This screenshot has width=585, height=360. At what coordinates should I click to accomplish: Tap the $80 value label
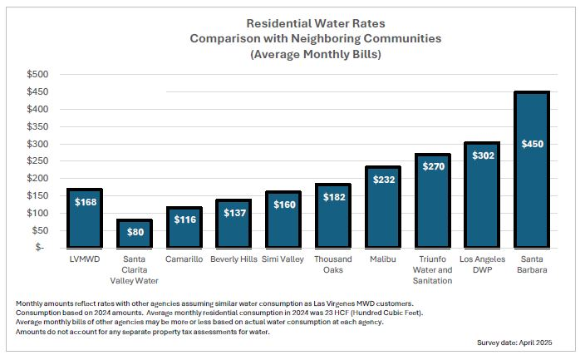[133, 232]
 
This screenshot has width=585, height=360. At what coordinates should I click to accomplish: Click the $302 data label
[481, 155]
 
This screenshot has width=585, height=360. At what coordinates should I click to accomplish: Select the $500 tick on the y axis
[36, 75]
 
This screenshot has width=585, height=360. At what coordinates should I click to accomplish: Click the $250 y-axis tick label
[36, 161]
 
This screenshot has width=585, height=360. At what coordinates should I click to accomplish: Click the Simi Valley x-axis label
[283, 259]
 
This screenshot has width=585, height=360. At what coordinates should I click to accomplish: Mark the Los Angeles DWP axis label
[481, 264]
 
